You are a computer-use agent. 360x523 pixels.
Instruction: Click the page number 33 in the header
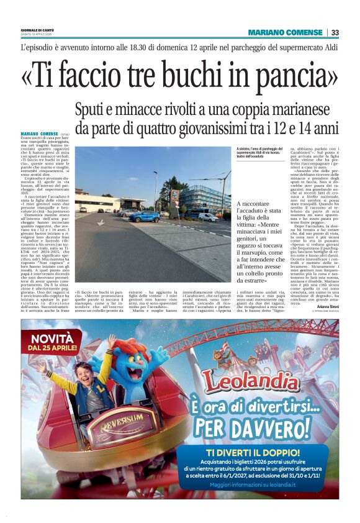point(335,33)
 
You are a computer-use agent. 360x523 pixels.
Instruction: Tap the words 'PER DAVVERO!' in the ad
point(264,428)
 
